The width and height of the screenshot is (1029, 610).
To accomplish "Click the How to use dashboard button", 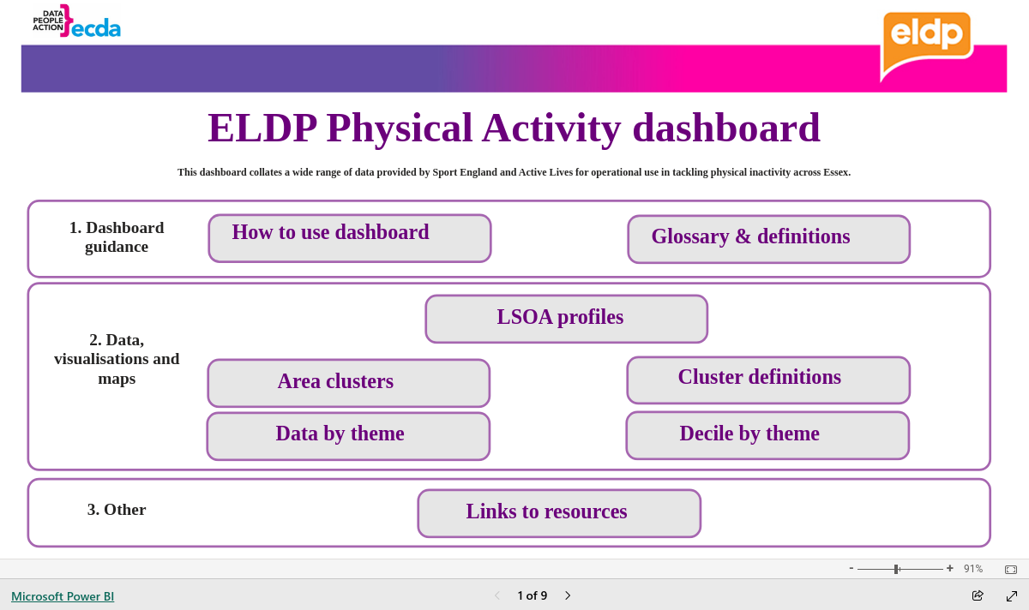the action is (350, 238).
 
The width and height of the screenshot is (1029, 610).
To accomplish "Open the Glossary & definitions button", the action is (768, 239).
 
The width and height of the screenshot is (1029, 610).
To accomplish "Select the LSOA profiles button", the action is (567, 319).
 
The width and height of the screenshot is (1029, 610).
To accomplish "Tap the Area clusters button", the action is (349, 383).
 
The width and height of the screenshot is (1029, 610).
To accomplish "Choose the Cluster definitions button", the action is (768, 380).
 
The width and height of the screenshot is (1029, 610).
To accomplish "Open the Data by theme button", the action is (348, 436).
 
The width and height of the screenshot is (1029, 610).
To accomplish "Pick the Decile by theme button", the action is (767, 435).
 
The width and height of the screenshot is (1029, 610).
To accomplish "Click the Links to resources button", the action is (559, 513).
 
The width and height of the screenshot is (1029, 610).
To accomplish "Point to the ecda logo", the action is (76, 21).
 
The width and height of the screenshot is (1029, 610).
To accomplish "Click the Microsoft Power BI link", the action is (63, 596).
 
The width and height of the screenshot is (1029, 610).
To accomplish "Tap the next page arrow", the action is (568, 595).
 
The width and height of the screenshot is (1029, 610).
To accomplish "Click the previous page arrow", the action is (497, 595).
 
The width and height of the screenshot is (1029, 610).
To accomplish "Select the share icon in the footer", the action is (978, 595).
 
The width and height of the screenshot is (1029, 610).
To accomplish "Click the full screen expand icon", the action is (1012, 596).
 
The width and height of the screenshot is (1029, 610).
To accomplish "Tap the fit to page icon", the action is (1011, 570).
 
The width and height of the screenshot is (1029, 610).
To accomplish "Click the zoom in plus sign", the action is (950, 568).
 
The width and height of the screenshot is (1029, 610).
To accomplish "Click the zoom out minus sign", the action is (851, 568).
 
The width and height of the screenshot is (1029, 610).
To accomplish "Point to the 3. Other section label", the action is (117, 510).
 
